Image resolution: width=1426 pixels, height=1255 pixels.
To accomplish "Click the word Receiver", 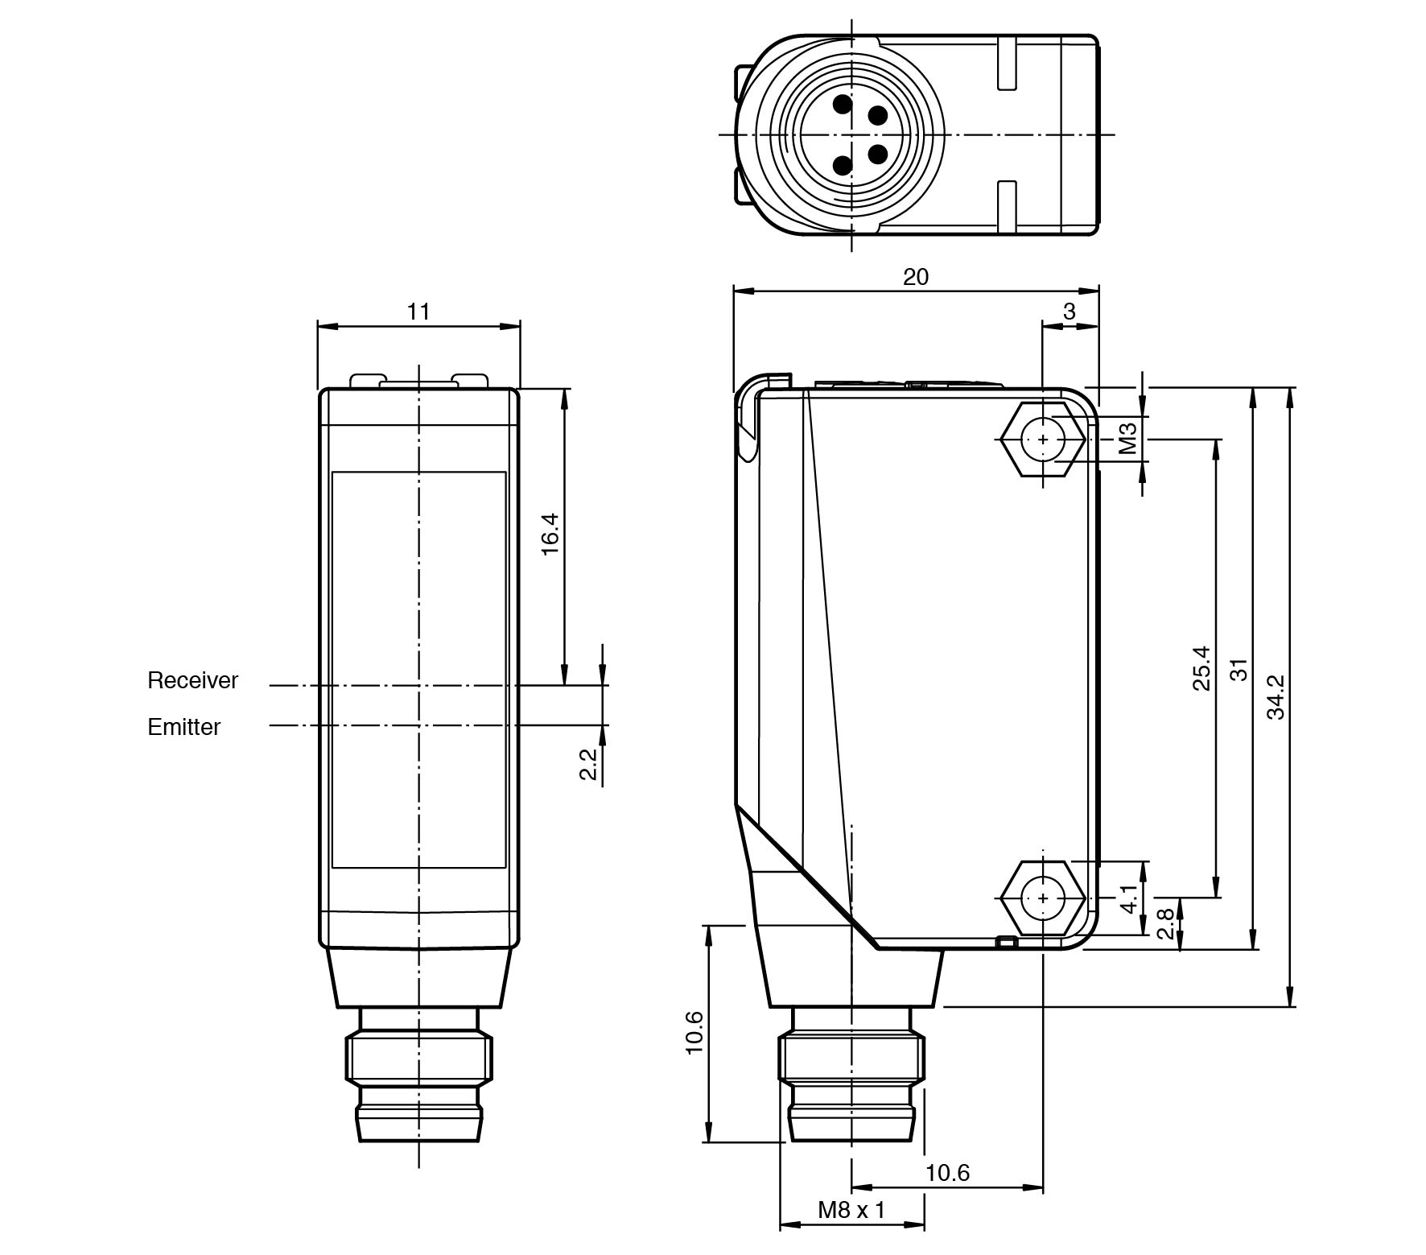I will tap(192, 680).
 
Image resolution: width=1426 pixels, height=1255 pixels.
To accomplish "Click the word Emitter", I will tap(183, 727).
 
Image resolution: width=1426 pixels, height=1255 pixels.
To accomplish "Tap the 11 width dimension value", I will tap(418, 311).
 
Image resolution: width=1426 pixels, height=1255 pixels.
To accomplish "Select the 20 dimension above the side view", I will tap(915, 277).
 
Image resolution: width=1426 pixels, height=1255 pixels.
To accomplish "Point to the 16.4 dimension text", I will tap(549, 534).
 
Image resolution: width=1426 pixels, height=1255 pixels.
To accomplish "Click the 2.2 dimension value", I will tap(588, 764).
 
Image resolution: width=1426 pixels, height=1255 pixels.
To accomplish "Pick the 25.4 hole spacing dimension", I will tap(1201, 667).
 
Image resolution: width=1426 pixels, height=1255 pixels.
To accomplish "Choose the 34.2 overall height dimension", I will tap(1276, 696).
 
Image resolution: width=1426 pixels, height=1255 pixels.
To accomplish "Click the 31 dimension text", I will tap(1239, 670).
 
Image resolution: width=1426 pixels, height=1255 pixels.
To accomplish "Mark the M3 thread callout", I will tap(1128, 439).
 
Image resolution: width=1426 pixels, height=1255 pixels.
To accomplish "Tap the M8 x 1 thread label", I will tap(851, 1209).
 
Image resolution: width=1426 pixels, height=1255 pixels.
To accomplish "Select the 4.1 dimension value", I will tap(1129, 898).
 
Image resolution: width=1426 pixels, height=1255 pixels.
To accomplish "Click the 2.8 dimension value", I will tap(1164, 923).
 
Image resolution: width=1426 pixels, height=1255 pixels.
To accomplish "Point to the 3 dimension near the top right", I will tap(1069, 312).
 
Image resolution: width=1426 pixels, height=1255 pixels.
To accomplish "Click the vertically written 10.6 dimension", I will tap(694, 1033).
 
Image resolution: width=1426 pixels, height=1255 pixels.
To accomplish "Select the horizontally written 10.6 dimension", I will tap(947, 1173).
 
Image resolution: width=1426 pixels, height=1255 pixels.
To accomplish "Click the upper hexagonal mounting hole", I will tap(1043, 440).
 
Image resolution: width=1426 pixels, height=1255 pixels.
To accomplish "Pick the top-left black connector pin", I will tap(843, 104).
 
